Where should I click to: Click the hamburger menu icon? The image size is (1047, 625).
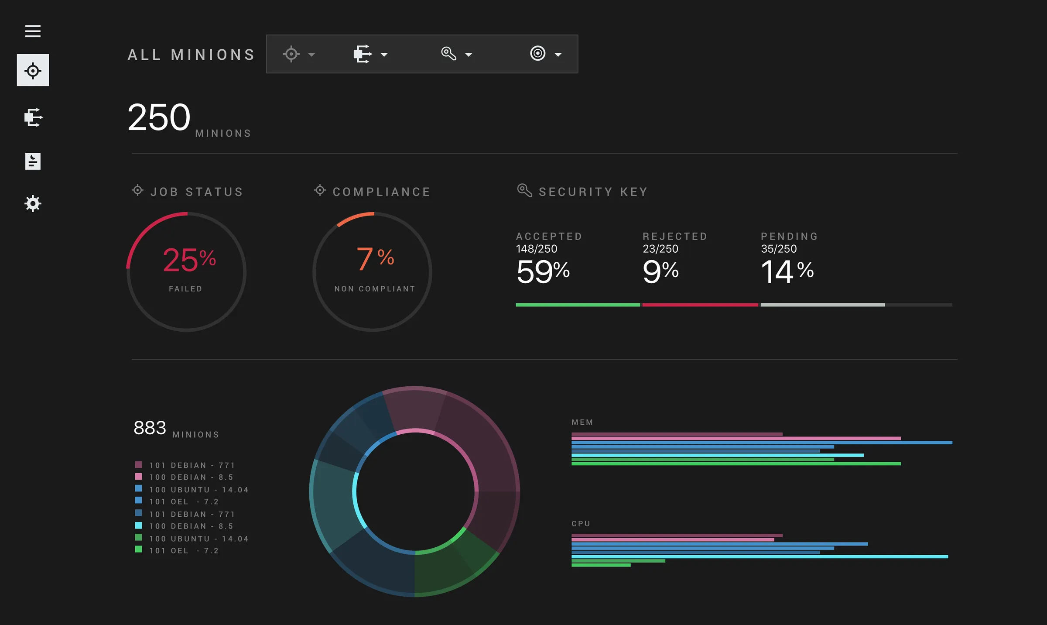coord(33,31)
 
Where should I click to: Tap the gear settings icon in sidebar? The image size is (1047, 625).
coord(33,203)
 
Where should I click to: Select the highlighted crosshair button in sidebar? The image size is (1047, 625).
coord(33,70)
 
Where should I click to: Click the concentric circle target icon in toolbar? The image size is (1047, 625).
coord(537,53)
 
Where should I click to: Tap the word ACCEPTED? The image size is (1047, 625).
coord(549,236)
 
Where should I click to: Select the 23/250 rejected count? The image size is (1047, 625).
coord(660,249)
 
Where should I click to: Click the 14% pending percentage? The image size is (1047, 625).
coord(787,271)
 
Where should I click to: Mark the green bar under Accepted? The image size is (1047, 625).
coord(577,305)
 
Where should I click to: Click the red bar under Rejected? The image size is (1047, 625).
coord(700,305)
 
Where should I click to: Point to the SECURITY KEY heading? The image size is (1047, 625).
coord(593,192)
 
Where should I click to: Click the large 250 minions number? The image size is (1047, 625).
coord(159,117)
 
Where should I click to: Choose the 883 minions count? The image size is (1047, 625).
coord(150,428)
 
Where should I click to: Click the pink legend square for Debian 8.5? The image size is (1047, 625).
coord(138,477)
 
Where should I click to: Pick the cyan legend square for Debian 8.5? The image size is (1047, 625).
coord(138,525)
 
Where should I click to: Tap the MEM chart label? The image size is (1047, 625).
coord(582,422)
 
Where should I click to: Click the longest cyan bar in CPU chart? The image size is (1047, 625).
coord(759,556)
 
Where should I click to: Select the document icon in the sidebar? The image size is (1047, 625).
coord(33,161)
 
